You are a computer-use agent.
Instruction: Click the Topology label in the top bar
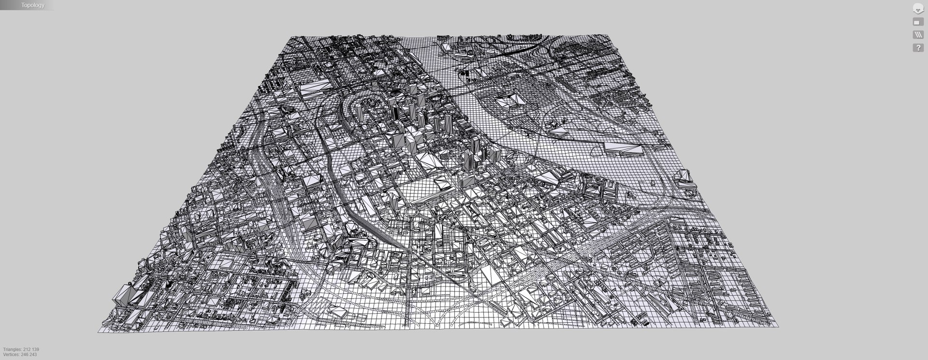(x=32, y=5)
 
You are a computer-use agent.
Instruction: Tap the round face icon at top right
(x=918, y=8)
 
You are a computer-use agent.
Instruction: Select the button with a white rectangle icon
(x=917, y=22)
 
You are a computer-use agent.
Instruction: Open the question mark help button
(x=917, y=48)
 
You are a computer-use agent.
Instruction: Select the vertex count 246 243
(x=29, y=355)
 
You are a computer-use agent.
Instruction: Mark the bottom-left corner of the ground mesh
(x=98, y=332)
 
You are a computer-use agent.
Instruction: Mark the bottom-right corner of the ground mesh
(x=778, y=326)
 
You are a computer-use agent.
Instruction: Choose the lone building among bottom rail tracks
(x=338, y=313)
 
